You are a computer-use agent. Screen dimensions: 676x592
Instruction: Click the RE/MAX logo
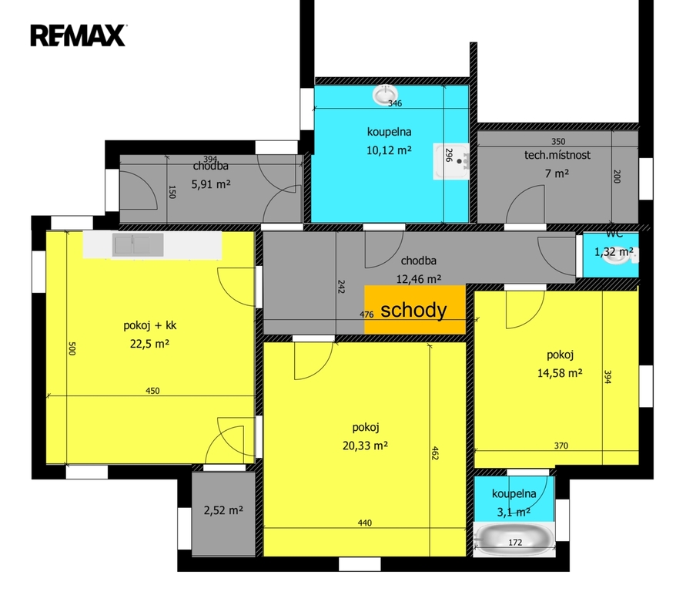[x=78, y=35]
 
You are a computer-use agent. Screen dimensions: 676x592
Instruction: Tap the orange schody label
[x=413, y=310]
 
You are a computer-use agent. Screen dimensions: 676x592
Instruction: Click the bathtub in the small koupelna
[x=514, y=540]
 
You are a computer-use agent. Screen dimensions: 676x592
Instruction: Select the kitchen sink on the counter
[x=138, y=244]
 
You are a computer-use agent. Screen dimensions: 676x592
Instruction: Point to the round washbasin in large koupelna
[x=385, y=95]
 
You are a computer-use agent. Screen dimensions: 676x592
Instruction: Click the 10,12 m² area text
[x=389, y=150]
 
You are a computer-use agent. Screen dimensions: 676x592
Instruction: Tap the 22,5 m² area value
[x=149, y=344]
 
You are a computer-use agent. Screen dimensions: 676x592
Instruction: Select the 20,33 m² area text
[x=365, y=446]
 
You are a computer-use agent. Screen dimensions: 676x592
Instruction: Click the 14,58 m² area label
[x=560, y=373]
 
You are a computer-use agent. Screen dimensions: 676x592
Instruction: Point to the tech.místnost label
[x=557, y=155]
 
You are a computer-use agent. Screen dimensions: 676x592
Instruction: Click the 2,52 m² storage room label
[x=223, y=510]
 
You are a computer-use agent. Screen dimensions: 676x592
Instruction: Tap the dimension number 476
[x=366, y=314]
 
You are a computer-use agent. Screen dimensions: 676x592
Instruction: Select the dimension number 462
[x=434, y=453]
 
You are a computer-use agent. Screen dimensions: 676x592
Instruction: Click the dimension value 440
[x=365, y=523]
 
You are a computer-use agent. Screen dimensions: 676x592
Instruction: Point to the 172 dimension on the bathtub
[x=515, y=543]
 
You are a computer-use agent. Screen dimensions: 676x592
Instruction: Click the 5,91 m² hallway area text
[x=211, y=184]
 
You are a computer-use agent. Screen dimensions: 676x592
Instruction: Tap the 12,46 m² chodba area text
[x=419, y=279]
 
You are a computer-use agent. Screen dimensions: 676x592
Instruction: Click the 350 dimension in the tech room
[x=558, y=142]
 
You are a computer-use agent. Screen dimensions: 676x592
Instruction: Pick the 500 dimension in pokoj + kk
[x=72, y=348]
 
